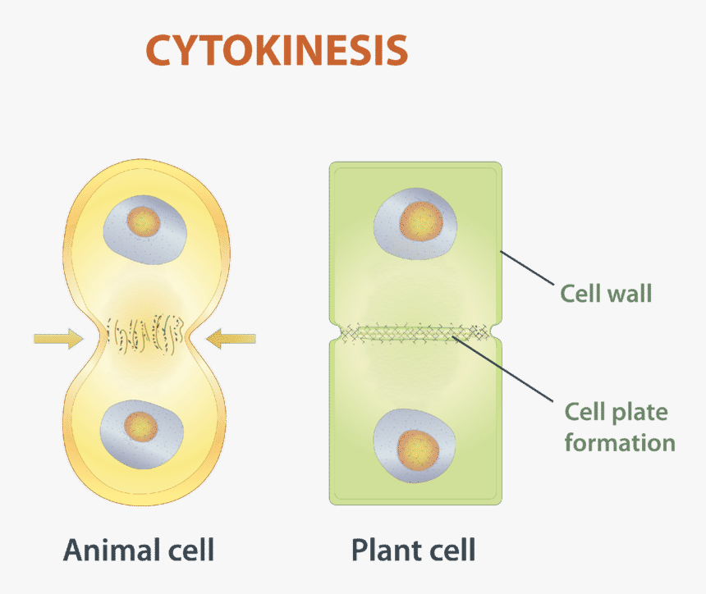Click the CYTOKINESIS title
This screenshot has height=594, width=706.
[x=277, y=51]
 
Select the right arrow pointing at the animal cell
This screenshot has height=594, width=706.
[x=232, y=336]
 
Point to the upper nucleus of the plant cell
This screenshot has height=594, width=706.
[x=415, y=224]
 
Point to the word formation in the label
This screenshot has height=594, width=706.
[x=620, y=443]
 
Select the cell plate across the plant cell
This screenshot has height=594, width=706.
[x=415, y=332]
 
